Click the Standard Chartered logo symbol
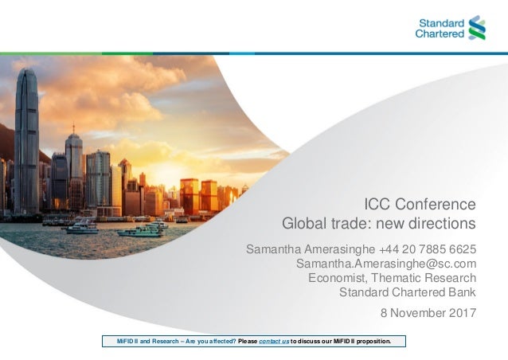(x=478, y=28)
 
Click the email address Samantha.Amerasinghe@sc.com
(x=385, y=264)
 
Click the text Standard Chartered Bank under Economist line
(x=408, y=292)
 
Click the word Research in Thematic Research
(x=451, y=277)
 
